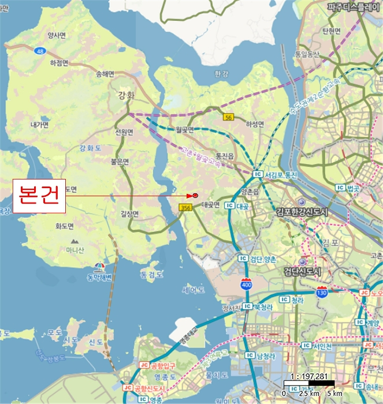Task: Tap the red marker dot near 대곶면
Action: point(196,195)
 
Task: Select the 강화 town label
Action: point(125,95)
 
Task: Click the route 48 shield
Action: point(39,51)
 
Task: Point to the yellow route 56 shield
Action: point(229,117)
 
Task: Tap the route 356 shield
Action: point(185,207)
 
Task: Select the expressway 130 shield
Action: point(322,293)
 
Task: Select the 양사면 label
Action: point(57,36)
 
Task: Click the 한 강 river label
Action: point(221,74)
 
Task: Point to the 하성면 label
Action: point(255,124)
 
